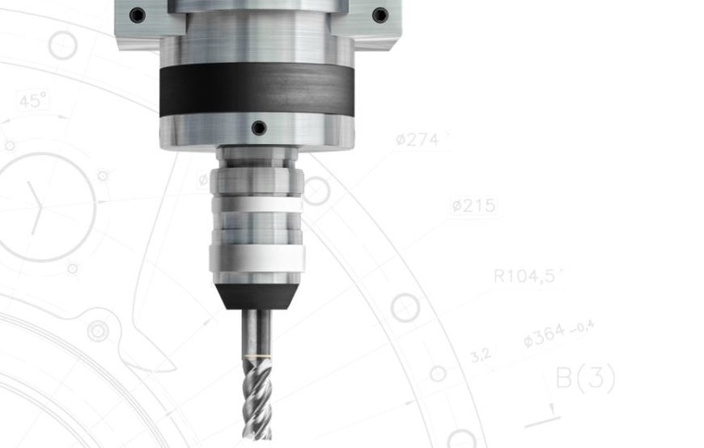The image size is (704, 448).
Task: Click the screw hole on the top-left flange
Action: tap(137, 15)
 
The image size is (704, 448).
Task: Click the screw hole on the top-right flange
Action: tap(380, 15)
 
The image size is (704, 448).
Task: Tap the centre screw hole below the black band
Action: tap(258, 128)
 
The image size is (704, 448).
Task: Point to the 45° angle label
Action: tap(33, 102)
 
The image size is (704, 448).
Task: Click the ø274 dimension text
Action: tap(418, 140)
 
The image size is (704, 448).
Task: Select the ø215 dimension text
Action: tap(474, 206)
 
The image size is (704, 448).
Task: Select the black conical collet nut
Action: tap(257, 296)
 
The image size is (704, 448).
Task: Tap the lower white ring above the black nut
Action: tap(257, 259)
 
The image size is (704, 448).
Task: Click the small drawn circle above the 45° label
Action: tap(62, 46)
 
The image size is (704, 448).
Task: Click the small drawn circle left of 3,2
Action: tap(438, 374)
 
